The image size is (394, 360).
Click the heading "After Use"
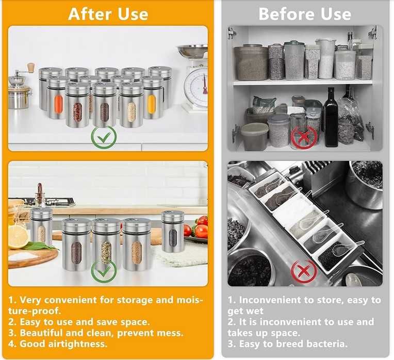[x=108, y=14]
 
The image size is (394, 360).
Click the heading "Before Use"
[x=305, y=14]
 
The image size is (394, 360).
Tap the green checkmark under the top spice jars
[x=104, y=137]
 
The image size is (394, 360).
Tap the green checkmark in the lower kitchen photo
[x=104, y=271]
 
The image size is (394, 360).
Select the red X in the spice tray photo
[x=304, y=271]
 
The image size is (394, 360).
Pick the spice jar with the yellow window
[x=153, y=97]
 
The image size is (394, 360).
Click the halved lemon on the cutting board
[x=18, y=237]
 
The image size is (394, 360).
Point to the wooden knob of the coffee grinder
[x=31, y=68]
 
